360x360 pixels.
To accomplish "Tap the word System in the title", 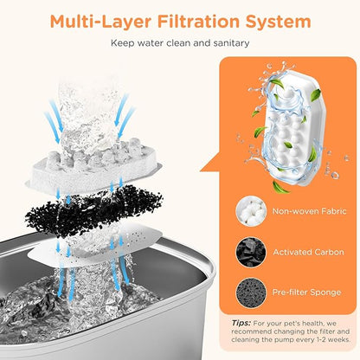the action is (278, 22).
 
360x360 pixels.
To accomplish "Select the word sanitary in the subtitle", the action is (231, 43).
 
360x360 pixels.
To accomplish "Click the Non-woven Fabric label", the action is (309, 211).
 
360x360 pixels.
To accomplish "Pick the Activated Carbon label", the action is (308, 252).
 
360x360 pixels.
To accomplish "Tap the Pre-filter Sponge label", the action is (306, 292).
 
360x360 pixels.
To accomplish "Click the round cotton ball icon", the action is (251, 211).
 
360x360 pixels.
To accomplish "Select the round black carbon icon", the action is (251, 252).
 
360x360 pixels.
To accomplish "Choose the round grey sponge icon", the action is (251, 292).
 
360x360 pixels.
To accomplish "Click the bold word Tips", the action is (241, 323).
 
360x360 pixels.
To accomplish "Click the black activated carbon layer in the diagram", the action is (93, 211).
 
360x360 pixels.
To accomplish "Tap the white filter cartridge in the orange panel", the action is (292, 127).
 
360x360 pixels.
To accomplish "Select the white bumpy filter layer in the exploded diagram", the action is (93, 167).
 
